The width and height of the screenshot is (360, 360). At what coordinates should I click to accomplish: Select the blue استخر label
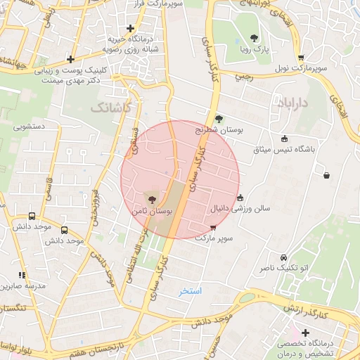pos(190,290)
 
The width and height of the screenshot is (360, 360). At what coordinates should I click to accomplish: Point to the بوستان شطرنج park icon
pos(219,119)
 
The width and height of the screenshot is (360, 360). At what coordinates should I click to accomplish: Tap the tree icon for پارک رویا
pos(254,39)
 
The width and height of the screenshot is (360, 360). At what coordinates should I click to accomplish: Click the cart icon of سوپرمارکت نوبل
pos(301,58)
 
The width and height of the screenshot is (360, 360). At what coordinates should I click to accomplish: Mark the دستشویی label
pos(30,128)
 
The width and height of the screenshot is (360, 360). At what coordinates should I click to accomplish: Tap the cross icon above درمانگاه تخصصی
pos(304,332)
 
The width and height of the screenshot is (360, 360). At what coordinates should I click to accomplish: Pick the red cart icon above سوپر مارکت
pos(212,228)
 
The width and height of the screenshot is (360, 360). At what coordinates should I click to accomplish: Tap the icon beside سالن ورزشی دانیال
pos(240,198)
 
